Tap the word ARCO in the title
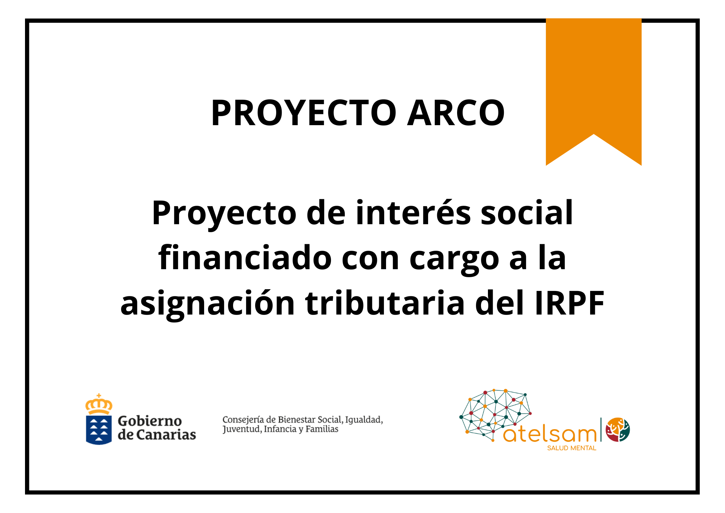[456, 113]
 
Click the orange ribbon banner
[593, 87]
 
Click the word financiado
[245, 257]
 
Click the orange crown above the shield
[99, 404]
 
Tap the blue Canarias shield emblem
[99, 430]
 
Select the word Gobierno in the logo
[150, 421]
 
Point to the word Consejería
[243, 420]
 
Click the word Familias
[322, 429]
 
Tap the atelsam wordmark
[550, 434]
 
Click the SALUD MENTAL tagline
[572, 448]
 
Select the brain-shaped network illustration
[495, 415]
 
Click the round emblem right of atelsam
[618, 430]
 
